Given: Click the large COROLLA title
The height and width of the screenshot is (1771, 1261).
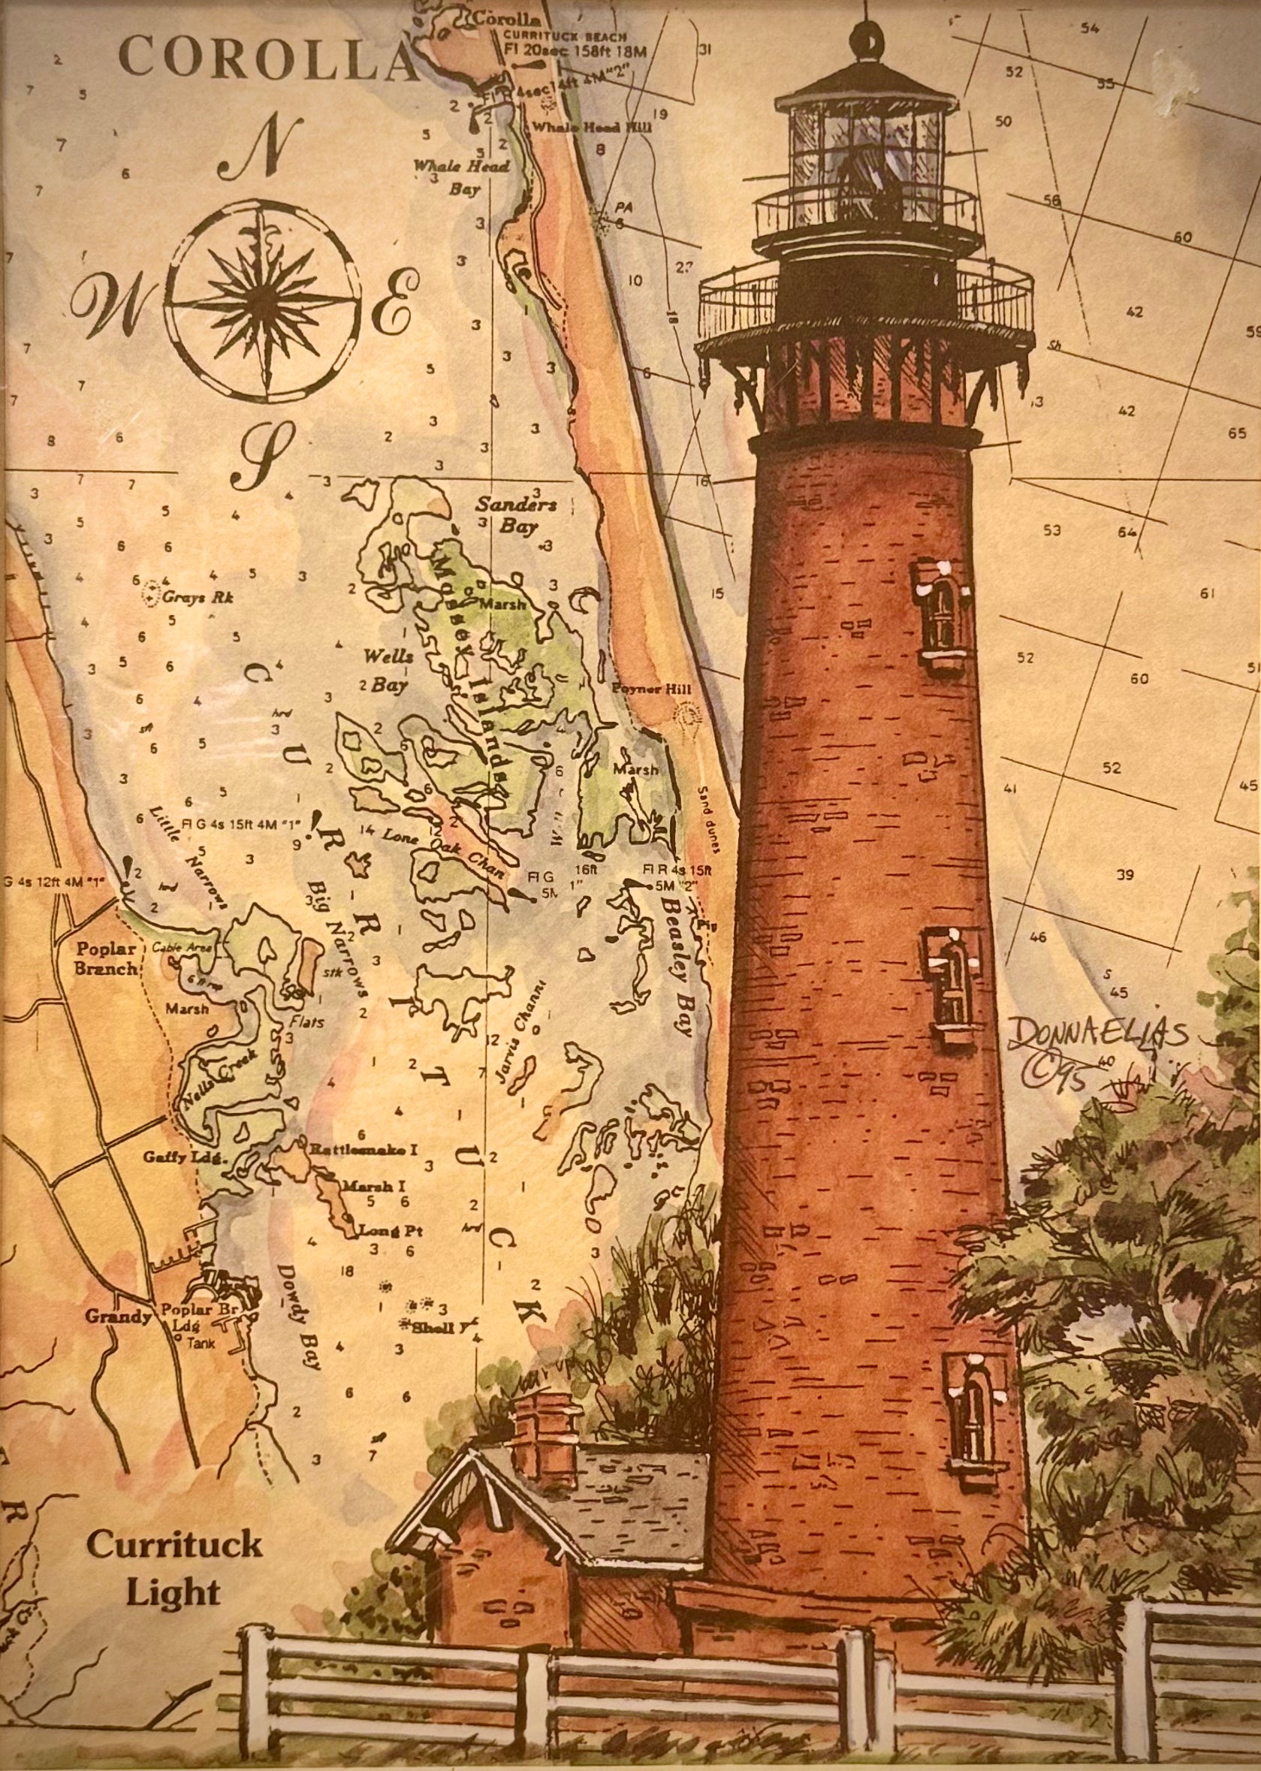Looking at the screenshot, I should pos(268,59).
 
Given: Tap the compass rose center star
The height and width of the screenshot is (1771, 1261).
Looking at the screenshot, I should pos(265,302).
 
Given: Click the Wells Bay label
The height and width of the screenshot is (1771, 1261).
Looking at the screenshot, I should pos(387,669).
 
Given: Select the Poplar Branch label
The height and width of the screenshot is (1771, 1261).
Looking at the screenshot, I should pos(107,958).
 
